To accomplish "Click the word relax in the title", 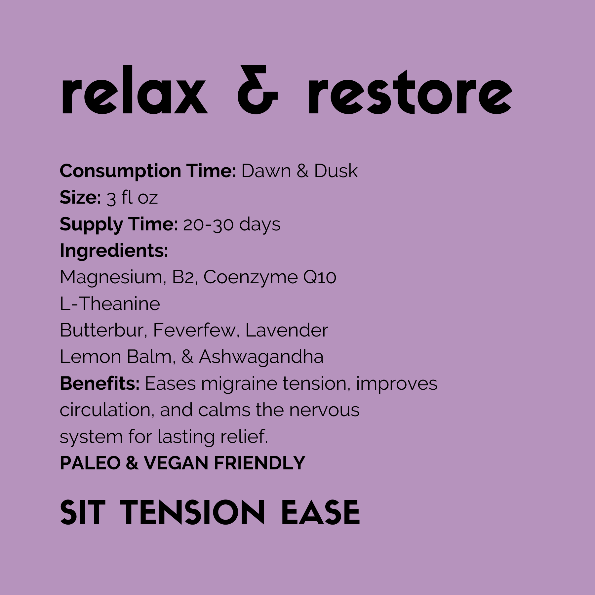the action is pyautogui.click(x=134, y=90).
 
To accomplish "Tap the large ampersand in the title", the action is pyautogui.click(x=258, y=90).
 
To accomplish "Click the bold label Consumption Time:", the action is pyautogui.click(x=147, y=171).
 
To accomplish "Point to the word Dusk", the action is pyautogui.click(x=336, y=171).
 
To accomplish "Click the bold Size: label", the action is pyautogui.click(x=80, y=198).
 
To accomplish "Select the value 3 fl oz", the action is pyautogui.click(x=132, y=198).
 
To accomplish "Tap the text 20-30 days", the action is pyautogui.click(x=232, y=224).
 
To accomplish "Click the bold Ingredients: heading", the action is pyautogui.click(x=114, y=251).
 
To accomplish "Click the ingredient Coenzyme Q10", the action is pyautogui.click(x=270, y=277).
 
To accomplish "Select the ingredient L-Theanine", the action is pyautogui.click(x=110, y=304).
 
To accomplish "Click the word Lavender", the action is pyautogui.click(x=287, y=330).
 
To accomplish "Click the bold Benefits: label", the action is pyautogui.click(x=99, y=383).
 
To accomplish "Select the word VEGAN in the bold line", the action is pyautogui.click(x=176, y=463).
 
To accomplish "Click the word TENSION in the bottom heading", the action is pyautogui.click(x=192, y=513).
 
